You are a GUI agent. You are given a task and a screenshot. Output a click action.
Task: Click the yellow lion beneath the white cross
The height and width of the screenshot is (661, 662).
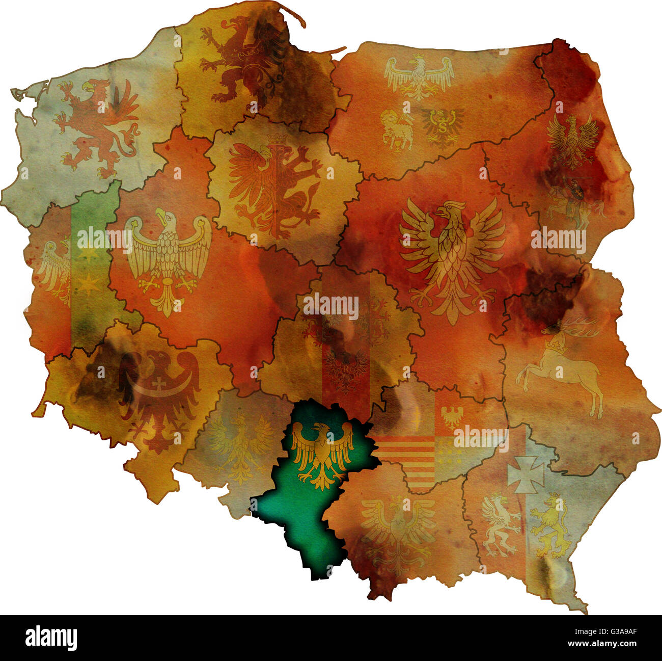coord(550,527)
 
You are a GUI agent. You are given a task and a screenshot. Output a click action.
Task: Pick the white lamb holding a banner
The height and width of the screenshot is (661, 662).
coord(396,129)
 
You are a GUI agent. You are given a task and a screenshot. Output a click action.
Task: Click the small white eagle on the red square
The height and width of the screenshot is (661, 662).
coord(451,416)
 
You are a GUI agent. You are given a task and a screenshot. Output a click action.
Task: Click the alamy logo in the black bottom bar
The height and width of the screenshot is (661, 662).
coord(51,638)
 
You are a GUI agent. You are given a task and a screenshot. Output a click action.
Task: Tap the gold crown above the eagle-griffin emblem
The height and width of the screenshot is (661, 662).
coord(277,139)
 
